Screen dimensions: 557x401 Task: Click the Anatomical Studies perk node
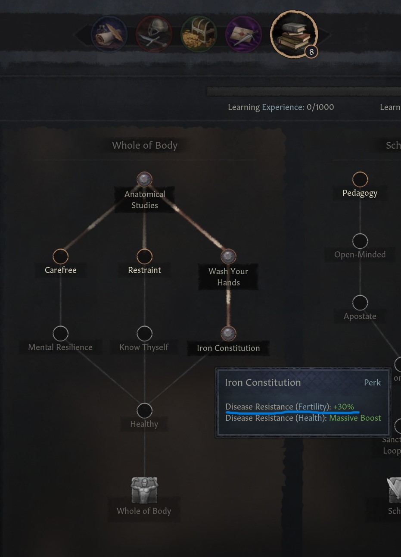[144, 179]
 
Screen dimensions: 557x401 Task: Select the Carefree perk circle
[60, 256]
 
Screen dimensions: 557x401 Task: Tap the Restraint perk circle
[144, 256]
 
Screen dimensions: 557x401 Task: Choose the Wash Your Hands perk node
[228, 256]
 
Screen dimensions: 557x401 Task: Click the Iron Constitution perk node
[228, 333]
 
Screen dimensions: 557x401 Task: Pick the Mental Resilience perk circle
[60, 333]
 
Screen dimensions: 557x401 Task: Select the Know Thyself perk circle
[144, 333]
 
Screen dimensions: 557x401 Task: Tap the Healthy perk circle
[144, 410]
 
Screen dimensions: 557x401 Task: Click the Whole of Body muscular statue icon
[144, 490]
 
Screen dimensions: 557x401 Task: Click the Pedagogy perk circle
[360, 179]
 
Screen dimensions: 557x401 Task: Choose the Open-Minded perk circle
[360, 241]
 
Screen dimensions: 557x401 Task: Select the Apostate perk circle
[360, 303]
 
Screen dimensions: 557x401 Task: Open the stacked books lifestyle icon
[293, 34]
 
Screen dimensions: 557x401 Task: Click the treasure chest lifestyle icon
[199, 34]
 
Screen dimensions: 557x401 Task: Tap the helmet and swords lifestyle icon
[154, 34]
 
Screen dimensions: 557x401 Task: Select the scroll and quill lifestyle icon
[109, 34]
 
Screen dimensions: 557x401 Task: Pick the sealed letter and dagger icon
[243, 34]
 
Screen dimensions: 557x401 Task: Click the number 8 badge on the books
[311, 52]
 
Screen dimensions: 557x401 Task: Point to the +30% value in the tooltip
[344, 407]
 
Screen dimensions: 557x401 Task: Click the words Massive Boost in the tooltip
[355, 418]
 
